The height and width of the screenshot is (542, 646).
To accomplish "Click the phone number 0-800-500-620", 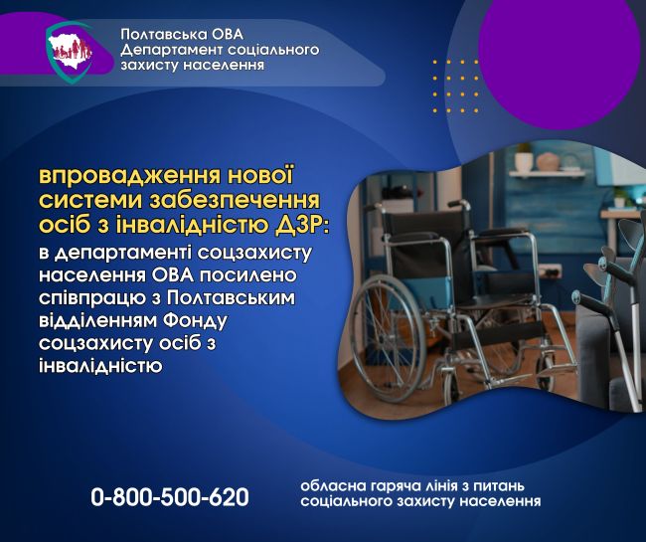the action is (x=170, y=496).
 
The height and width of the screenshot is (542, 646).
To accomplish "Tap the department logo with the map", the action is (x=70, y=53).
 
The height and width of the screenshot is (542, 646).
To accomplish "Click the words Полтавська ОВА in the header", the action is (x=182, y=34).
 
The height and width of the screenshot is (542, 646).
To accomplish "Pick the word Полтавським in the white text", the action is (x=232, y=297).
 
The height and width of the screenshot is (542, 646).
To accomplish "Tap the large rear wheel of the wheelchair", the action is (x=389, y=339).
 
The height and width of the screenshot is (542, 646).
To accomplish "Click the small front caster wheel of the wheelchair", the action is (x=452, y=387).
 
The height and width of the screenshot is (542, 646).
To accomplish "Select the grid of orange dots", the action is (x=455, y=87).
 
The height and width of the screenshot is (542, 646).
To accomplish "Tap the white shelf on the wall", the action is (x=547, y=173).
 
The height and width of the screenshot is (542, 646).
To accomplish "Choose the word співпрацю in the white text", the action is (x=95, y=298).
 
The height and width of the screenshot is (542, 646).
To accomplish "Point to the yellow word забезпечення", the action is (x=235, y=200).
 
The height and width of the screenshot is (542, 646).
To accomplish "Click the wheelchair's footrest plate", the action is (x=553, y=372).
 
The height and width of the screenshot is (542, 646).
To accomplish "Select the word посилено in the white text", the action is (x=248, y=274).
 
